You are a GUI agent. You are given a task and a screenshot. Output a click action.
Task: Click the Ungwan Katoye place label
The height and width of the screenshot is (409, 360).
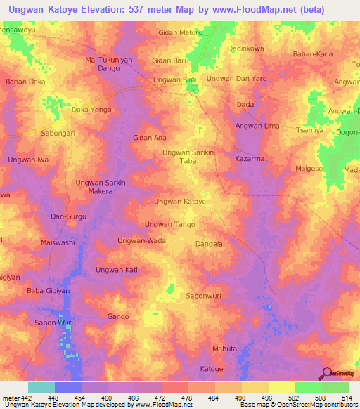tap(179, 202)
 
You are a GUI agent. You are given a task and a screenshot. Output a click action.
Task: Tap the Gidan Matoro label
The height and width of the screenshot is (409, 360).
tap(180, 32)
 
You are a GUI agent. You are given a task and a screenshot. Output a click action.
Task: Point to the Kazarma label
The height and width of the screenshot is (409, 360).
tap(250, 160)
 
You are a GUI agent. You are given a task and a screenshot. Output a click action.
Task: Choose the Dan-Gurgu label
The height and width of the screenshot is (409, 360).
tap(67, 216)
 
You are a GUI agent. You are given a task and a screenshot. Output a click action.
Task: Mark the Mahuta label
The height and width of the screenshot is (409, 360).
tap(224, 349)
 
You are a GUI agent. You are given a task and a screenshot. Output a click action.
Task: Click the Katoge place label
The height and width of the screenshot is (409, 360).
tap(211, 369)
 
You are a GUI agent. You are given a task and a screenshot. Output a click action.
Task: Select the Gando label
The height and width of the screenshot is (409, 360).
tap(118, 317)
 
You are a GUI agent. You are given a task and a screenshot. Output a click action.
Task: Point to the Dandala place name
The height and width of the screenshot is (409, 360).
tap(209, 244)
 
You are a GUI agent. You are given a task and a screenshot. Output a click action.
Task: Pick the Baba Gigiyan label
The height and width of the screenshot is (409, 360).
tap(50, 291)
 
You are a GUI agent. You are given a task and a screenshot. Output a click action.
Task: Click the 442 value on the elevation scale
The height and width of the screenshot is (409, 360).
tap(27, 398)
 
